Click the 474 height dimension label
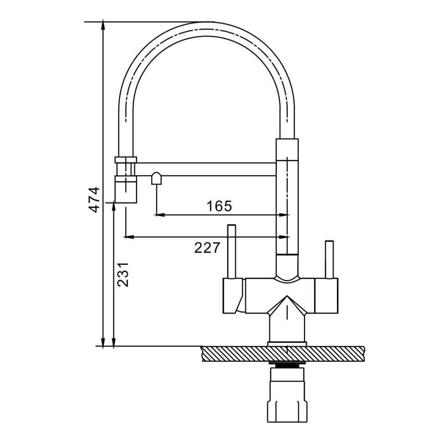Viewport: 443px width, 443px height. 94,199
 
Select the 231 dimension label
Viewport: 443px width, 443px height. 123,274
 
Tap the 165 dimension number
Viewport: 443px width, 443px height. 219,206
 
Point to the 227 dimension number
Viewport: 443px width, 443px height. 207,248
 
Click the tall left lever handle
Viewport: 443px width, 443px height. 232,252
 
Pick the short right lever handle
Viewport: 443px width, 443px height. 329,259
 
